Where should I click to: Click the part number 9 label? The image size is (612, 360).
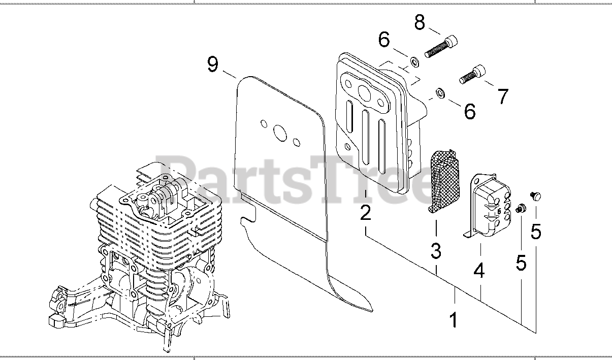[x=213, y=64]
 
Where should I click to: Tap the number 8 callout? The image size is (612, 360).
[x=419, y=23]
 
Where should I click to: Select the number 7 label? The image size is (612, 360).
[x=502, y=96]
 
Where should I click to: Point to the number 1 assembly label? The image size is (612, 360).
[x=454, y=320]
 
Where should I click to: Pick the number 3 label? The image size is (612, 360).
[x=436, y=250]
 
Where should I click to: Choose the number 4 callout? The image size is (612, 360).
[x=479, y=271]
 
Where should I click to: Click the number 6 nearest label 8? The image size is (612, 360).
[x=384, y=39]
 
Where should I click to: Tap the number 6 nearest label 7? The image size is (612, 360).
[x=469, y=111]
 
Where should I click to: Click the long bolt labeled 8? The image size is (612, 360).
[x=440, y=46]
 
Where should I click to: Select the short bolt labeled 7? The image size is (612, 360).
[x=472, y=74]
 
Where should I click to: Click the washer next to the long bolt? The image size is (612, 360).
[x=414, y=62]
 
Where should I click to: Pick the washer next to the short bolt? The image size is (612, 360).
[x=440, y=93]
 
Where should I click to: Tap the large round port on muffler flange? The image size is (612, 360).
[x=364, y=92]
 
